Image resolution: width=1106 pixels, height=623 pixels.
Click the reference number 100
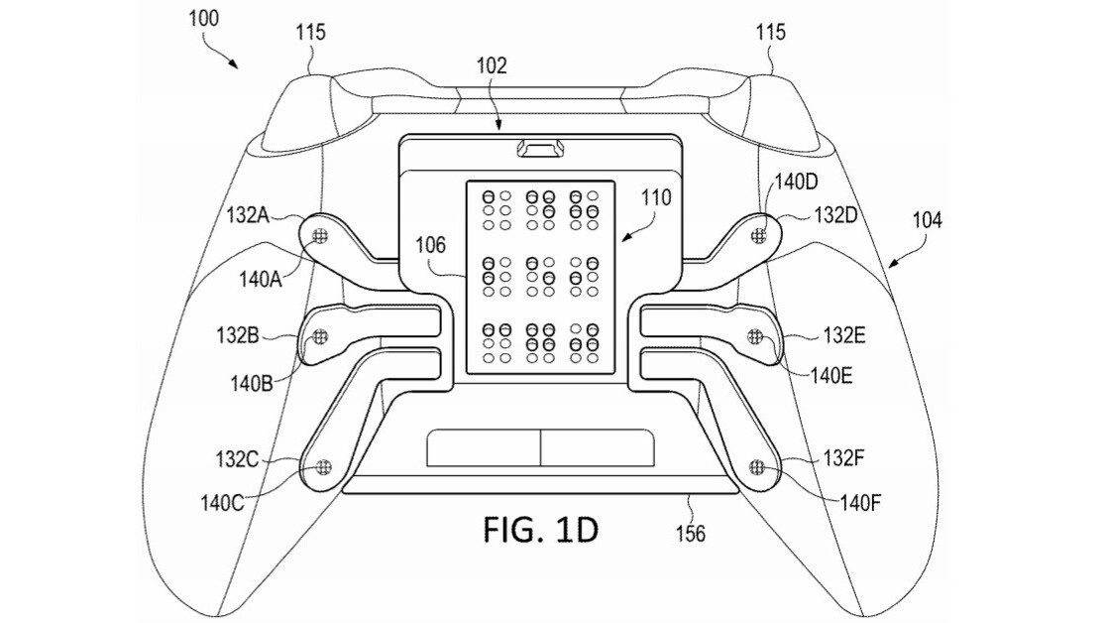click(x=203, y=17)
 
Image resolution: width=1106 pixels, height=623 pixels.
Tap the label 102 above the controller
click(x=491, y=66)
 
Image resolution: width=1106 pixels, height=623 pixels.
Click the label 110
click(x=654, y=197)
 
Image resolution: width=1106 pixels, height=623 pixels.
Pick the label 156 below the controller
click(x=690, y=534)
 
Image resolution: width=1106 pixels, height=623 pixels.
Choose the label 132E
click(x=844, y=336)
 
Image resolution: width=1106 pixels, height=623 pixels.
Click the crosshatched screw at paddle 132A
click(x=319, y=235)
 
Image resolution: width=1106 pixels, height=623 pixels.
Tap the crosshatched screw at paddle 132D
click(x=760, y=235)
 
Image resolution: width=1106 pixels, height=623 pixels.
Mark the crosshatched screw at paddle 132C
click(x=321, y=466)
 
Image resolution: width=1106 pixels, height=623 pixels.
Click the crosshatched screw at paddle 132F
click(x=758, y=466)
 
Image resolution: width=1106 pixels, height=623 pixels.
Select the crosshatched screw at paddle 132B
click(x=320, y=337)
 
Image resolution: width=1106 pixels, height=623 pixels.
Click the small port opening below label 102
click(x=540, y=149)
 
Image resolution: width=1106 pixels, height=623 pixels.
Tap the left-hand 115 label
click(x=310, y=33)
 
